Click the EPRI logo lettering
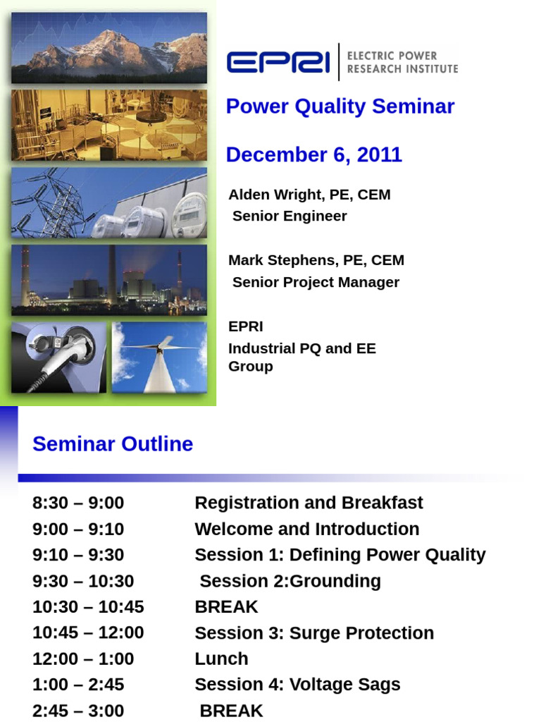[x=278, y=62]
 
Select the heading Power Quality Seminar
[x=340, y=106]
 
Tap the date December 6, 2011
[x=313, y=155]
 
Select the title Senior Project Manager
[x=316, y=282]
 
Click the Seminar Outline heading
[x=113, y=444]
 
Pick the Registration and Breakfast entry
[x=309, y=503]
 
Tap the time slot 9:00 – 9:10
[x=78, y=529]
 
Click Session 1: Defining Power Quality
[x=340, y=555]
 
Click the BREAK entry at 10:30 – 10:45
[x=226, y=607]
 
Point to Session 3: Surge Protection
[x=314, y=633]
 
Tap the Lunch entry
[x=221, y=659]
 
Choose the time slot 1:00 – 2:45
[x=78, y=685]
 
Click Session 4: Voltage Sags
[x=297, y=685]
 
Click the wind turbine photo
[x=159, y=357]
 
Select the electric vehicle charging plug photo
[x=59, y=357]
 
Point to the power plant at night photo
[x=109, y=280]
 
